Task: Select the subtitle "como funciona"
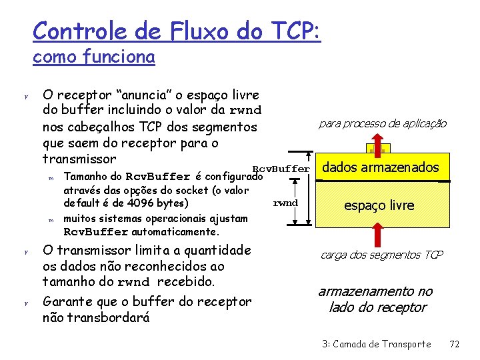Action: click(94, 57)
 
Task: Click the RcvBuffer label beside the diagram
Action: click(281, 169)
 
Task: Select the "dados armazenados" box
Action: click(381, 167)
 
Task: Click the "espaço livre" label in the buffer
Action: click(379, 205)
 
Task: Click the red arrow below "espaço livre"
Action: click(378, 233)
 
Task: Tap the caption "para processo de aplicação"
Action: click(383, 123)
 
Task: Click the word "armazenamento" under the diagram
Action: click(375, 291)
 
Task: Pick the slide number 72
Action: click(455, 344)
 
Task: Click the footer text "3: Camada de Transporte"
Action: click(377, 344)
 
